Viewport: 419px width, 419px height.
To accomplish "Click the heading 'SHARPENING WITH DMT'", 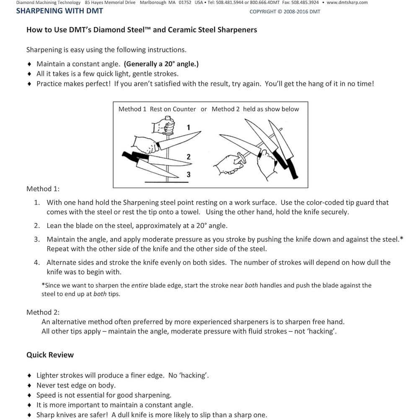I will click(59, 11).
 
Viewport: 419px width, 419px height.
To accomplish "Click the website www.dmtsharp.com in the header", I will click(347, 3).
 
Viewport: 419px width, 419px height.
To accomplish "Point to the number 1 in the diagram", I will click(189, 127).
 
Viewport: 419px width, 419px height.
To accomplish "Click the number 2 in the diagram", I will click(189, 157).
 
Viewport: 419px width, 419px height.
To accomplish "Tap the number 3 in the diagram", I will click(189, 175).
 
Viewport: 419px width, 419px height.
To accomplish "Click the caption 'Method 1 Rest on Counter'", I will click(157, 109).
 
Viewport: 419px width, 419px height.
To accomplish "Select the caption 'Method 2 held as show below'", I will click(255, 109).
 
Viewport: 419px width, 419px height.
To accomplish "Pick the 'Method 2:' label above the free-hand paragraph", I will click(43, 312).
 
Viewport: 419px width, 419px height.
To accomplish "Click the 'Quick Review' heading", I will click(50, 355).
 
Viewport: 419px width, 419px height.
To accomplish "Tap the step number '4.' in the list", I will click(37, 262).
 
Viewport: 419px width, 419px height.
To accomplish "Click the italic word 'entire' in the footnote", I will click(140, 285).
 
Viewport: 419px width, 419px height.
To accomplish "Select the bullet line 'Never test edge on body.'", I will click(76, 385).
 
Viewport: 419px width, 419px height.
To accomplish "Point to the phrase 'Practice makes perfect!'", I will click(74, 83).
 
